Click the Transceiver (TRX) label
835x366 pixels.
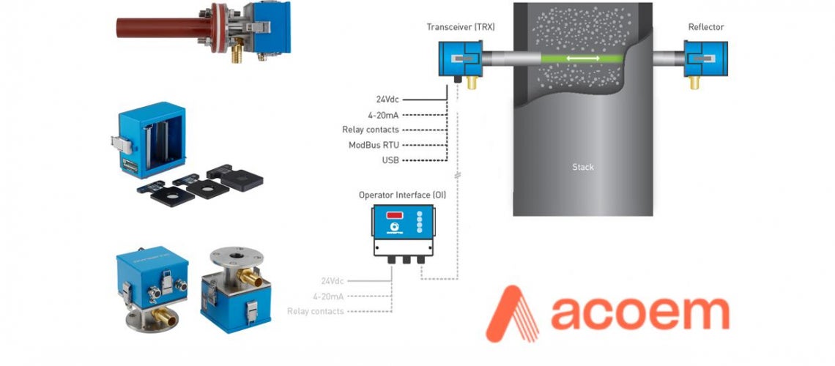(461, 27)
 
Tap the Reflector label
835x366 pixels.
(705, 27)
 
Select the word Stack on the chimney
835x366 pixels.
(583, 167)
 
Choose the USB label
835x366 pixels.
(390, 160)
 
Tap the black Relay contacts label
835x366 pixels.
(370, 130)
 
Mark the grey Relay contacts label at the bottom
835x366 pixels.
(316, 311)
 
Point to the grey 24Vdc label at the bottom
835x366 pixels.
(331, 280)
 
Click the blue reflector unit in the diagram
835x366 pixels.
(705, 59)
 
